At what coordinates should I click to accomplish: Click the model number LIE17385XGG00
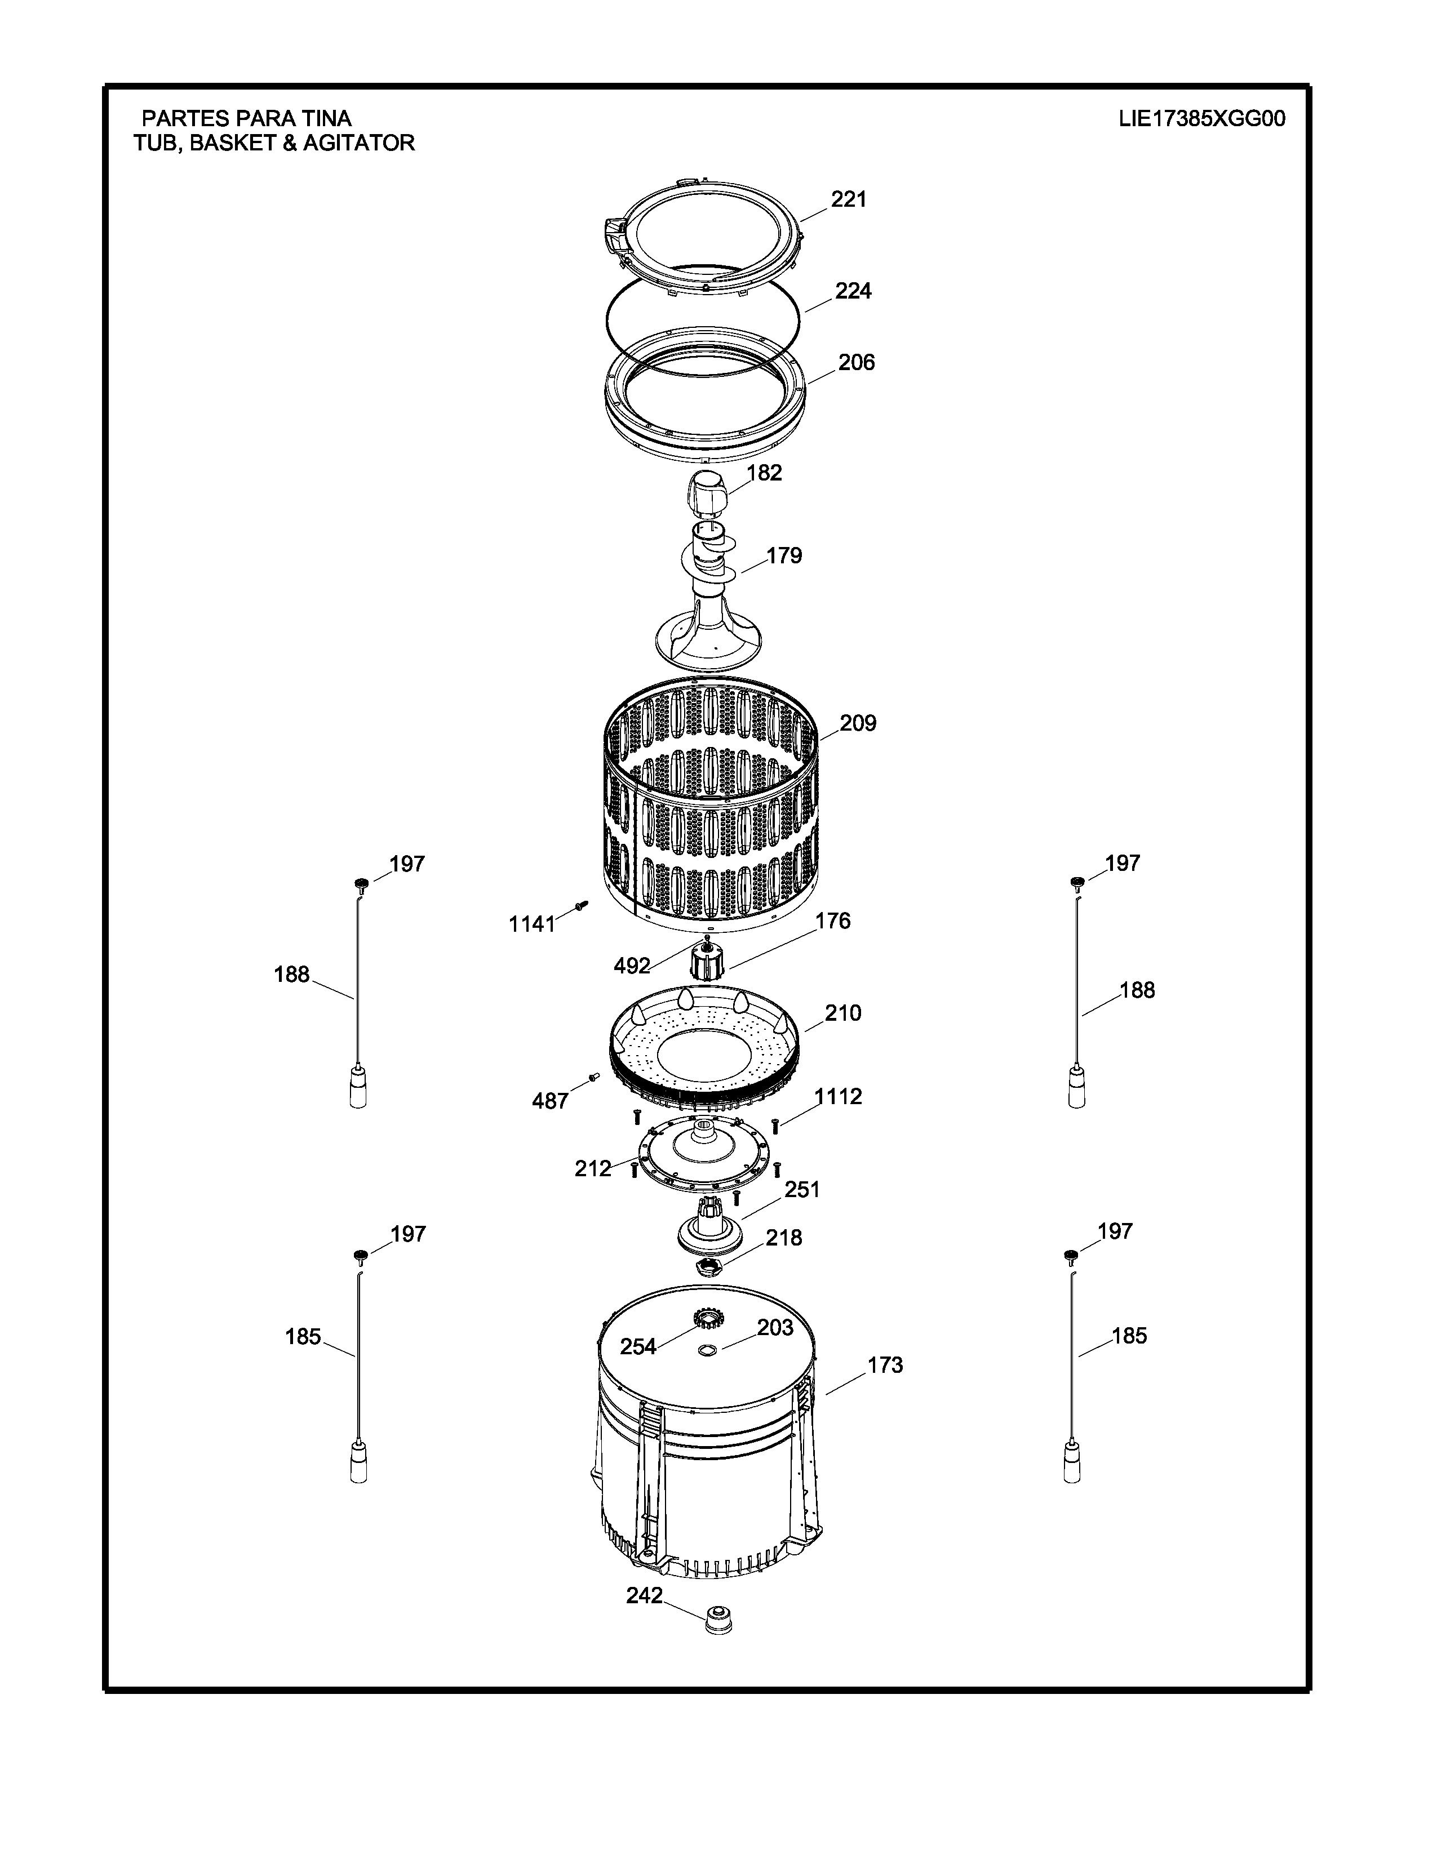(x=1201, y=118)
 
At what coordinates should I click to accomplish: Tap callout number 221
(x=849, y=199)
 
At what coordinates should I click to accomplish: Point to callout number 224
(x=853, y=291)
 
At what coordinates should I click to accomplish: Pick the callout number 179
(x=784, y=556)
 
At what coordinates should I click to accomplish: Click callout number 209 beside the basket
(x=858, y=723)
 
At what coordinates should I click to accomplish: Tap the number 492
(x=632, y=965)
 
